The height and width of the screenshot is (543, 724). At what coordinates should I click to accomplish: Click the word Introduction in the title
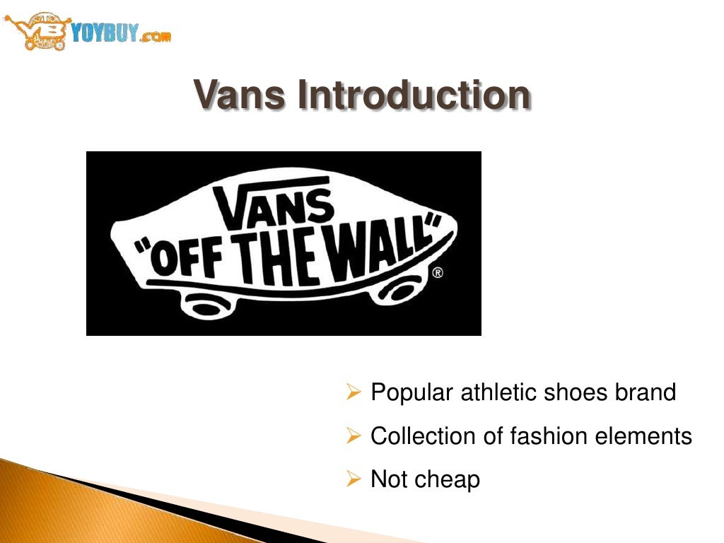pos(413,95)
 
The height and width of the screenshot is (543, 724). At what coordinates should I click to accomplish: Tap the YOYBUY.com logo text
pos(121,33)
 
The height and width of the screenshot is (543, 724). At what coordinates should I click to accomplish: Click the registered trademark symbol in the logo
pos(438,272)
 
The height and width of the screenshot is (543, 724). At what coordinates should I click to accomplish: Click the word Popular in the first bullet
pos(412,392)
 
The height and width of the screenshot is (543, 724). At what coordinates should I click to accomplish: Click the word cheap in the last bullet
pos(448,480)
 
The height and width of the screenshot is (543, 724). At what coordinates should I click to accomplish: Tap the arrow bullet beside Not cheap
pos(354,480)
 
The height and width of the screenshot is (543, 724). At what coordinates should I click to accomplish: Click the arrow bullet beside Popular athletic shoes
pos(354,392)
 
